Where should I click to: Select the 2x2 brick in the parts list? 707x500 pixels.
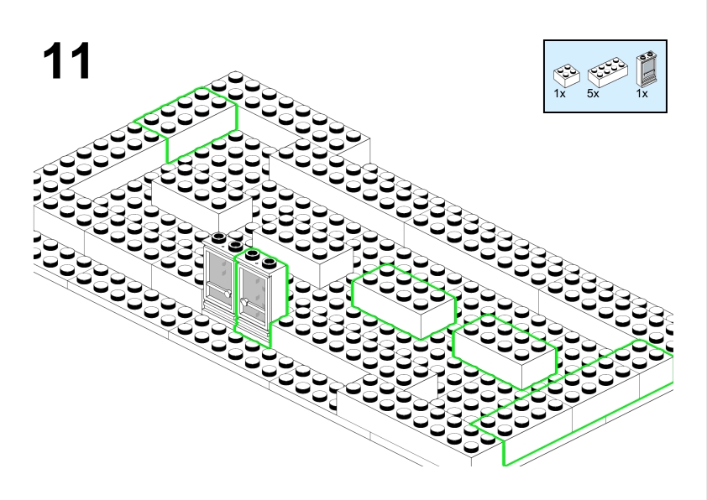coord(566,76)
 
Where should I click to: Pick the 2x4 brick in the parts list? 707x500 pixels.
coord(607,72)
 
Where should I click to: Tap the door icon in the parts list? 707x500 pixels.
coord(647,69)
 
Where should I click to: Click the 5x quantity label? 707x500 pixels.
coord(593,94)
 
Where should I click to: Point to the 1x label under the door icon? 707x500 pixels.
coord(642,94)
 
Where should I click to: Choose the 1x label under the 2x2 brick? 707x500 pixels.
coord(559,94)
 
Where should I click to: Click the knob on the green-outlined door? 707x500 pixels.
coord(245,303)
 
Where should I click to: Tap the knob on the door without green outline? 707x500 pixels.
coord(228,294)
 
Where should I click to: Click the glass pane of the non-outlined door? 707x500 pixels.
coord(220,275)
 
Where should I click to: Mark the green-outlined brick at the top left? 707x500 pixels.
coord(185,124)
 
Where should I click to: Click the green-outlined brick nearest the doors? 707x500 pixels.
coord(404,301)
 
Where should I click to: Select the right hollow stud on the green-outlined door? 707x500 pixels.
coord(269,262)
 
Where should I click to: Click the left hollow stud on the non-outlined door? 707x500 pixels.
coord(218,237)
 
